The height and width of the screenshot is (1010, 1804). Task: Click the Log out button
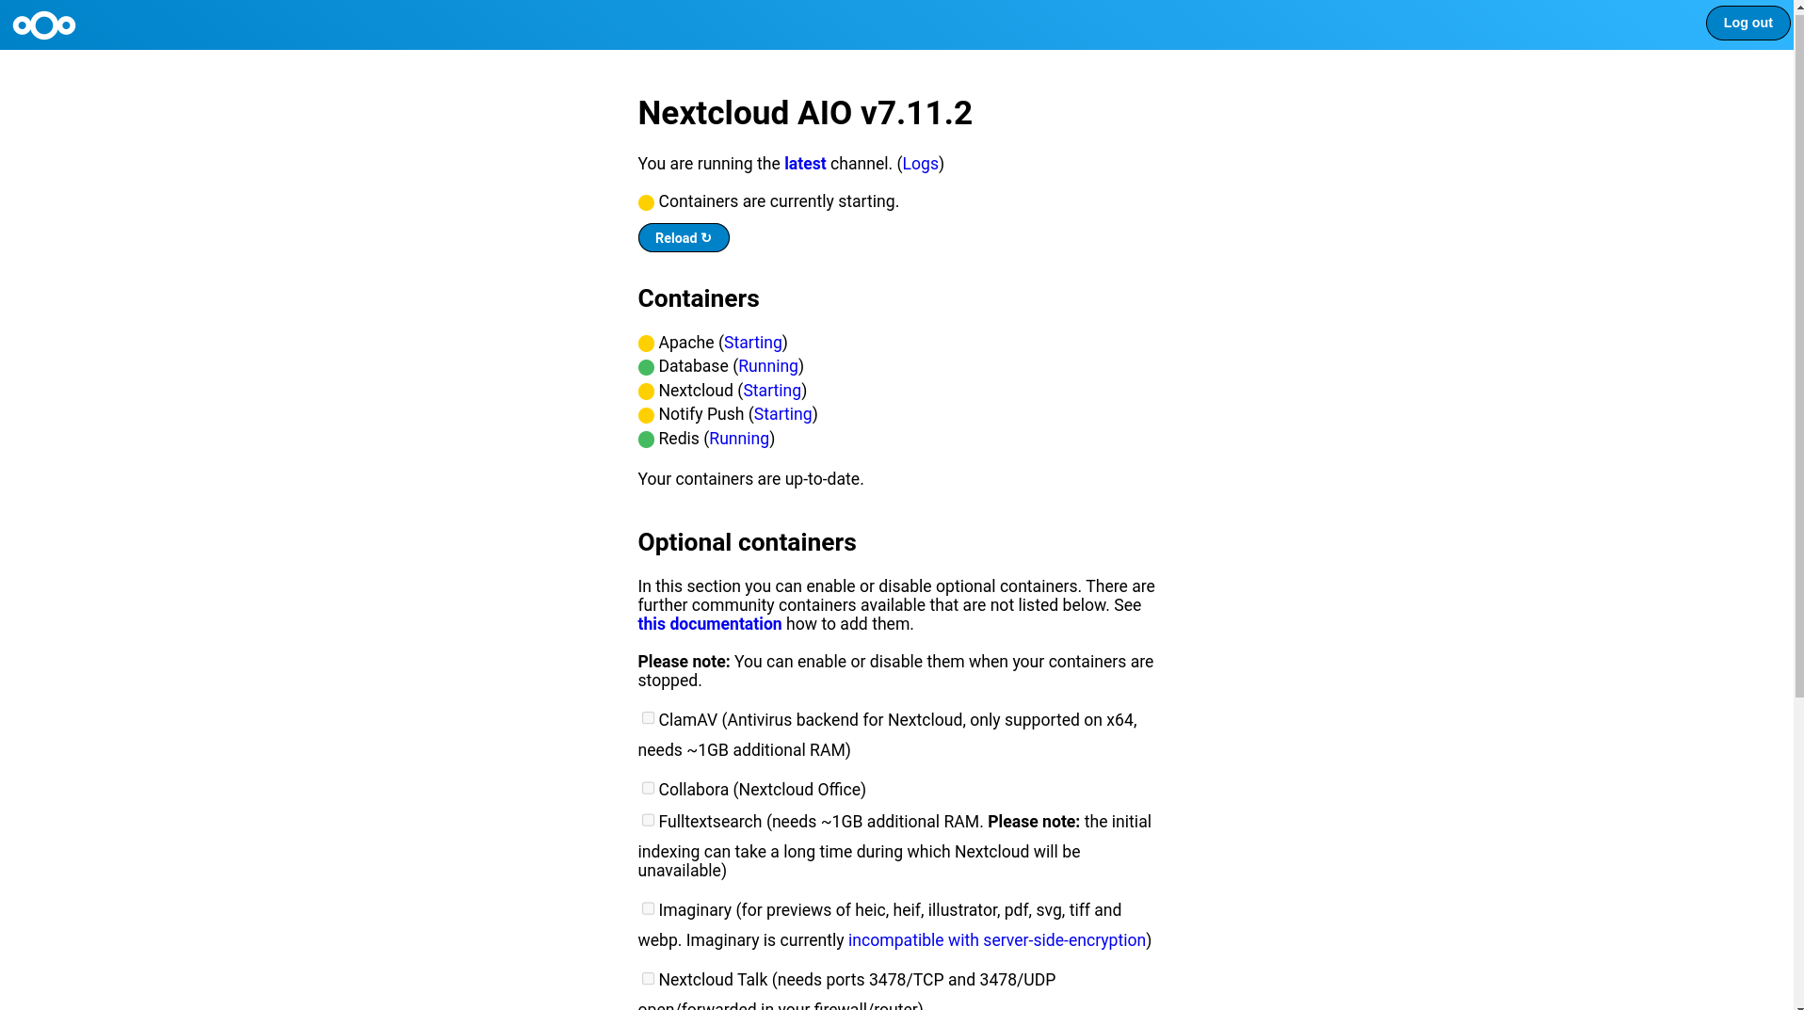coord(1747,24)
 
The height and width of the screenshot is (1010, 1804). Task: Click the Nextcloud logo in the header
coord(44,25)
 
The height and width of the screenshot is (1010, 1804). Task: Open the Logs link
coord(919,164)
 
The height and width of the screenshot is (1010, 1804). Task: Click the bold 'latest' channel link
coord(804,164)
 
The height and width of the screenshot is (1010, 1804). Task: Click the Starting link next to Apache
coord(752,343)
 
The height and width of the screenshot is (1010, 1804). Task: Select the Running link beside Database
coord(767,366)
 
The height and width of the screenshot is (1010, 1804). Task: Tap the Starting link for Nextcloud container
coord(771,391)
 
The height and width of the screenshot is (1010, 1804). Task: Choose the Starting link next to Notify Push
coord(781,414)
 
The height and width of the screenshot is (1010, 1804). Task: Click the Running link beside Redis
coord(738,439)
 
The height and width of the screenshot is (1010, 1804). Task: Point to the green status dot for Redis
coord(646,440)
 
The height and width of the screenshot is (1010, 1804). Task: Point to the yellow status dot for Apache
coord(646,344)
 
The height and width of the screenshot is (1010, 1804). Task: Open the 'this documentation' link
coord(709,624)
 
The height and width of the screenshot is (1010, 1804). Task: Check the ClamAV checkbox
coord(648,718)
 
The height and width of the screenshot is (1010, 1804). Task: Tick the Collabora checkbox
coord(648,788)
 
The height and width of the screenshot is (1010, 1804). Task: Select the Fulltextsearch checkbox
coord(648,820)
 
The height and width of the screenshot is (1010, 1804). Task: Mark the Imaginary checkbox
coord(648,908)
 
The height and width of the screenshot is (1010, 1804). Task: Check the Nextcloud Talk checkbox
coord(648,978)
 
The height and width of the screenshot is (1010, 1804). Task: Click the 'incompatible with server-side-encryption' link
coord(996,940)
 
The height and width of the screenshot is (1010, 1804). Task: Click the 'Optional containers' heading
coord(747,542)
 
